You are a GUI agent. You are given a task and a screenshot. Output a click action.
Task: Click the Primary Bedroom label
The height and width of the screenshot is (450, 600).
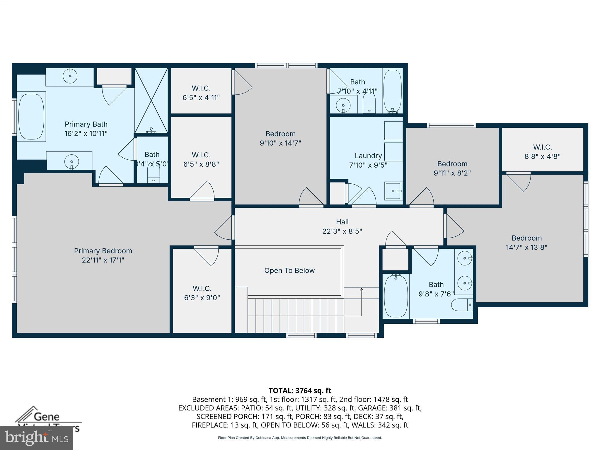click(x=103, y=251)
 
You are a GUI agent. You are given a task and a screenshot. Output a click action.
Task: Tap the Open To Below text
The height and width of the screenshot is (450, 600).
click(x=289, y=270)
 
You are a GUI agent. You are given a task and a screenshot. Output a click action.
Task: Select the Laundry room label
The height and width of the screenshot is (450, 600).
click(x=368, y=156)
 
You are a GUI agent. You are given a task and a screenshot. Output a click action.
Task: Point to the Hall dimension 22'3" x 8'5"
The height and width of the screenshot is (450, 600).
click(x=342, y=231)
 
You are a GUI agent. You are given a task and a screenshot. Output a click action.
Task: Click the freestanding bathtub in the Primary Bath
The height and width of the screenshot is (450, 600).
click(x=31, y=117)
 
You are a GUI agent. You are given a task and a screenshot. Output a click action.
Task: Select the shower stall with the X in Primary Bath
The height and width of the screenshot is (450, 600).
click(x=151, y=100)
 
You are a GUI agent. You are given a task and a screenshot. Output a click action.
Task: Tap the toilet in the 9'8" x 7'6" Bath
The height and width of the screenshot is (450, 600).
click(x=462, y=305)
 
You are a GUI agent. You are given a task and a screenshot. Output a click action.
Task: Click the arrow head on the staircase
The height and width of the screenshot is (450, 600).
click(x=362, y=290)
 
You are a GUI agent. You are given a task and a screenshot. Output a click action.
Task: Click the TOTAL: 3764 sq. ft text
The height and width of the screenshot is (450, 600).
click(x=300, y=391)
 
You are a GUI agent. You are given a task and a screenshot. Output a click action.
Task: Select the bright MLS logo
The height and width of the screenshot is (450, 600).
click(x=37, y=438)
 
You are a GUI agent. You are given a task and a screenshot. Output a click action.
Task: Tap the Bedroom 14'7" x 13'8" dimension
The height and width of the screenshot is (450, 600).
click(x=526, y=247)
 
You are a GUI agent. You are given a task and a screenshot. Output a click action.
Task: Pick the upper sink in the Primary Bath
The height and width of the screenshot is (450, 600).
click(x=70, y=76)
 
